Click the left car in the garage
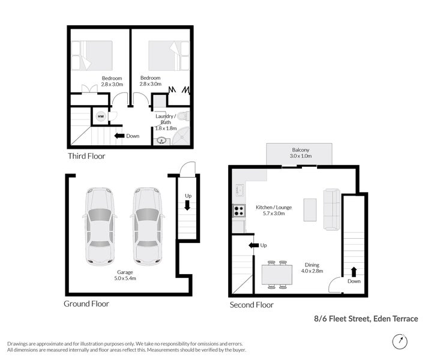coord(100,226)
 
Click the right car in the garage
coord(146,226)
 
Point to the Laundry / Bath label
coord(165,122)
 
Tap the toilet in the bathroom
coord(184,116)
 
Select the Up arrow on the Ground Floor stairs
coord(188,206)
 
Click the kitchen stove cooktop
coord(238,211)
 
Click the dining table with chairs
coord(277,275)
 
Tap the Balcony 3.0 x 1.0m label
coord(300,152)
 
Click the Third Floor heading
coord(86,156)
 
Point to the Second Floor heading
coord(252,305)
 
